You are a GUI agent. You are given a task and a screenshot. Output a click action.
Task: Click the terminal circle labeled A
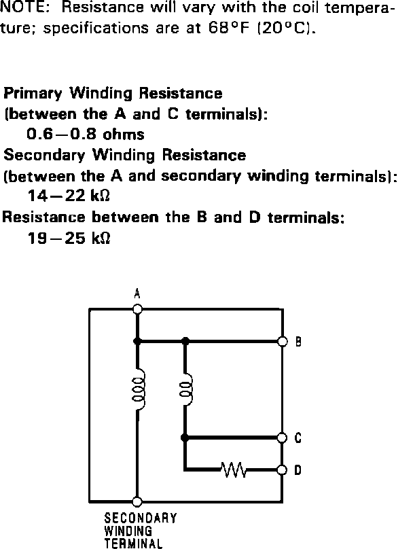[137, 308]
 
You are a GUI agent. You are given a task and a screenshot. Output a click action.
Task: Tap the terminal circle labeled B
[283, 341]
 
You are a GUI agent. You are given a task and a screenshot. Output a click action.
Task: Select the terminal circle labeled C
[283, 438]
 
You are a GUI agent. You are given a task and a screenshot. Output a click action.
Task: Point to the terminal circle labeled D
[283, 469]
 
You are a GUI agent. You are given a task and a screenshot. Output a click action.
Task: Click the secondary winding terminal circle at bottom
[137, 501]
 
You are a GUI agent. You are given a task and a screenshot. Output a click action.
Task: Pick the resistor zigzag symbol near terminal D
[235, 469]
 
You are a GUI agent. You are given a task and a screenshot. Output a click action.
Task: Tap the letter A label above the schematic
[137, 294]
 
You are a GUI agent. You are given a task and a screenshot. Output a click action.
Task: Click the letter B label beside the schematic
[298, 342]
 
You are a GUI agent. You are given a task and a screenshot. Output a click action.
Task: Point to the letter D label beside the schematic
[298, 470]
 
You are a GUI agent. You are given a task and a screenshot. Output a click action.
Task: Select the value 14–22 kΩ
[69, 197]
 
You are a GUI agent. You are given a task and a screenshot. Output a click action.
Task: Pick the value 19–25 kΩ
[69, 239]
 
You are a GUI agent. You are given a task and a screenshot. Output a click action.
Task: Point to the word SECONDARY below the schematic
[141, 518]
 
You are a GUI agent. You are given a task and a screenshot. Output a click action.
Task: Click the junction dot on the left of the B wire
[137, 341]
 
